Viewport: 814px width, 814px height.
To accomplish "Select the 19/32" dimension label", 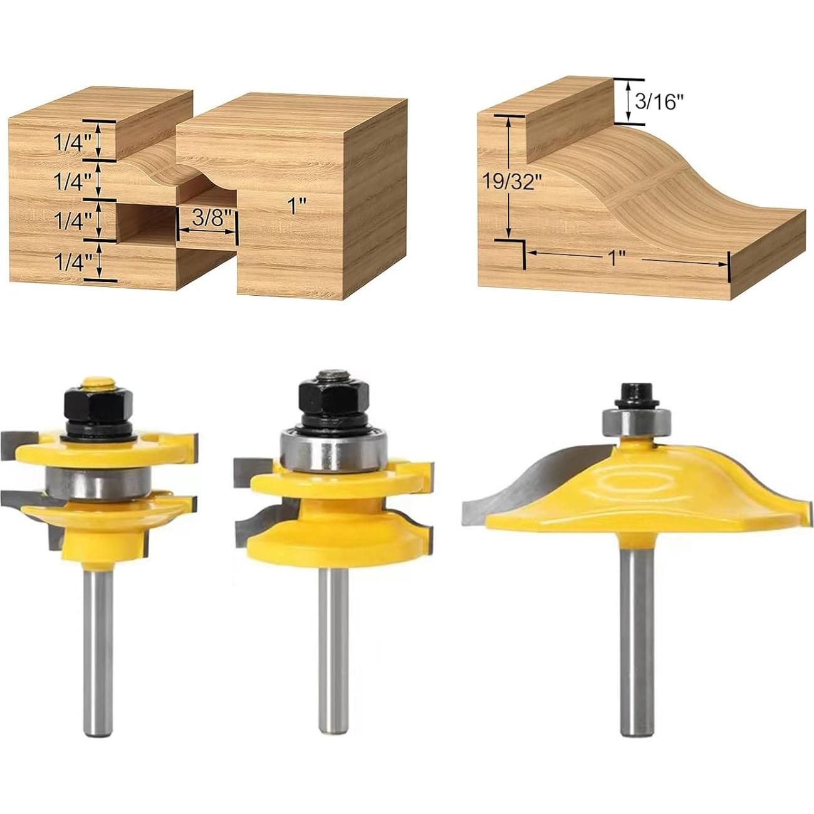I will coord(511,182).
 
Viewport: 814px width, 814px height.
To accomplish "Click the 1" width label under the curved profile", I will coord(617,258).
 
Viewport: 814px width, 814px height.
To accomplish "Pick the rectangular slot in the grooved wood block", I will coord(147,219).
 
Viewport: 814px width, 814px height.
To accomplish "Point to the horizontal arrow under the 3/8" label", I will coord(207,231).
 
